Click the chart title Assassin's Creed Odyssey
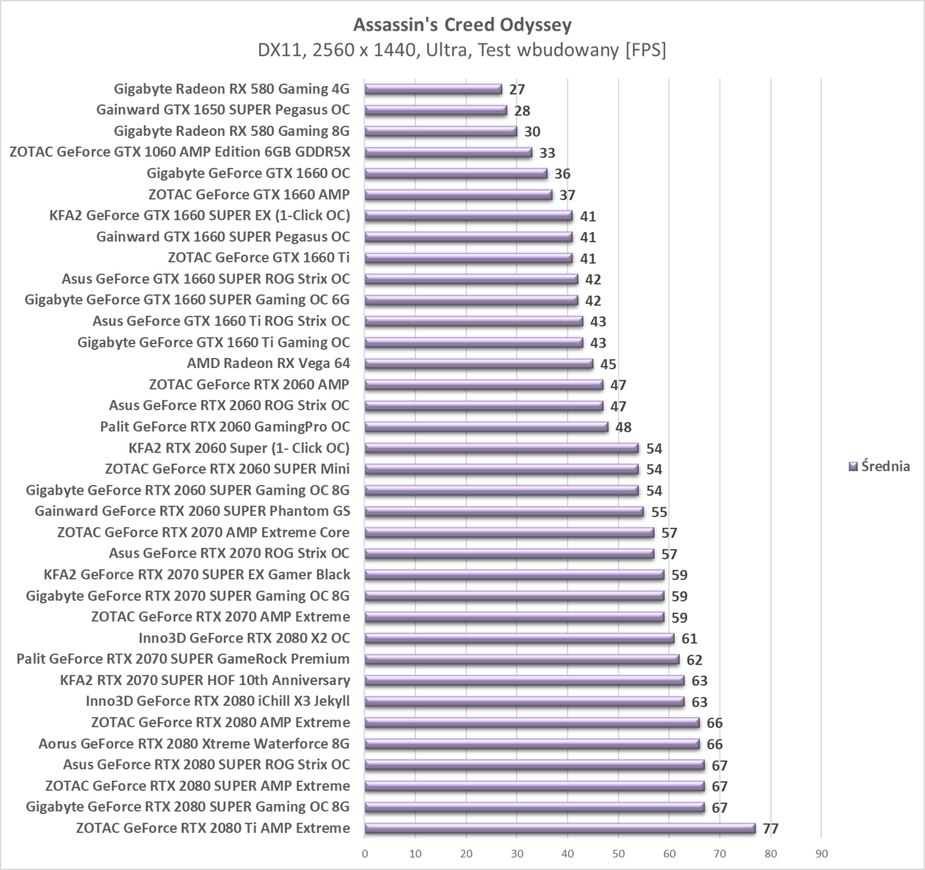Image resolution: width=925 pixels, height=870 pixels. [462, 25]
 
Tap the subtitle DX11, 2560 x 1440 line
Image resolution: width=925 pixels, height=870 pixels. [462, 50]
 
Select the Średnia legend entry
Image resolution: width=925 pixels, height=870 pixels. [879, 466]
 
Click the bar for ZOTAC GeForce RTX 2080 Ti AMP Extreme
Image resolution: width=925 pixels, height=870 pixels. [560, 828]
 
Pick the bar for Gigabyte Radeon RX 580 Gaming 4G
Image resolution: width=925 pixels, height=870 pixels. [433, 89]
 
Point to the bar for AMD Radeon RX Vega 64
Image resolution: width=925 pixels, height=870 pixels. [478, 363]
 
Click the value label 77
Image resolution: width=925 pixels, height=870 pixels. [770, 828]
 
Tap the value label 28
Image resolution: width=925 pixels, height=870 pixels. [522, 110]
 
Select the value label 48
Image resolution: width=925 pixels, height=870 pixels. [623, 427]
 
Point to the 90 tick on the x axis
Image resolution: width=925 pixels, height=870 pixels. [821, 854]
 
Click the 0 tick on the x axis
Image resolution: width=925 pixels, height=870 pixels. [365, 854]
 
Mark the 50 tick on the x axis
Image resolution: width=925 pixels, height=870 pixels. [618, 854]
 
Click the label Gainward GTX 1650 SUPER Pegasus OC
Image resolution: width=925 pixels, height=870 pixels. [223, 110]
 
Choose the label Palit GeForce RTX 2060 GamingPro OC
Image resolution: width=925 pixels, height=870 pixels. [225, 427]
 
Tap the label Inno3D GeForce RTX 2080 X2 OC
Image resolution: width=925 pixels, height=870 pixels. [244, 638]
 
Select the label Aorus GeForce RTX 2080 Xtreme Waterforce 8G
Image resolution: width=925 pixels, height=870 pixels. [194, 744]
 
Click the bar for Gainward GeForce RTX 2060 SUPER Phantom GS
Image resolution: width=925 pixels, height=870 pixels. [503, 511]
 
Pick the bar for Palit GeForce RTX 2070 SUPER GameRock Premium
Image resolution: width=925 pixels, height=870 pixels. [521, 659]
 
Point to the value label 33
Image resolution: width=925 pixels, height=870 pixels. [547, 153]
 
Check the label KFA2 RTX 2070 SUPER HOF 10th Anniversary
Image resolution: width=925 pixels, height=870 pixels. [205, 680]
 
